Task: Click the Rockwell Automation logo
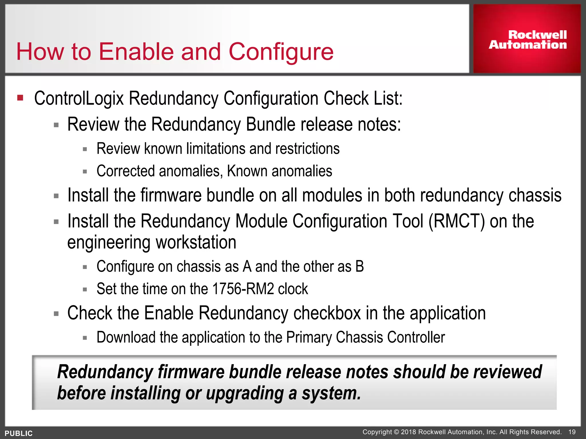coord(527,39)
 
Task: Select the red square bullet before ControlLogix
coord(20,98)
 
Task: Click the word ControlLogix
coord(79,99)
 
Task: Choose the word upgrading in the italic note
coord(244,394)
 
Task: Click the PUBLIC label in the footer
coord(19,433)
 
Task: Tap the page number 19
coord(572,432)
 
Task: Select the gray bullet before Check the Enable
coord(56,314)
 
